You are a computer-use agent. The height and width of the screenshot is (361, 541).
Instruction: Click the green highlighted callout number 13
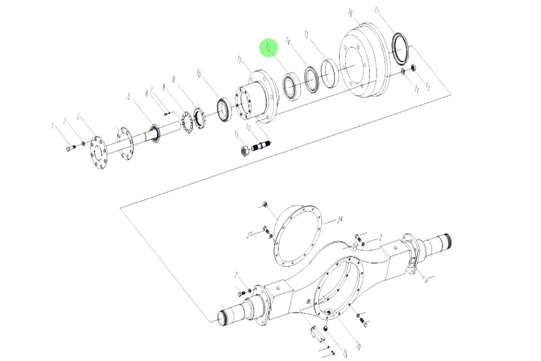coord(269,48)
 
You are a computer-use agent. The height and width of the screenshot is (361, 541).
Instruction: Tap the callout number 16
coord(350,12)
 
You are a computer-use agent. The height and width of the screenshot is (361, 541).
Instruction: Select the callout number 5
coord(129,97)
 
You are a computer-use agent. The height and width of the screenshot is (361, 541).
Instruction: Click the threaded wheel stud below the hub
coord(262,145)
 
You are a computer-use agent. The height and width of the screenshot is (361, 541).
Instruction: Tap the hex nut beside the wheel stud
coord(245,150)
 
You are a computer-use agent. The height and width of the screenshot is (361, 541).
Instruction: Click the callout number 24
coord(340,220)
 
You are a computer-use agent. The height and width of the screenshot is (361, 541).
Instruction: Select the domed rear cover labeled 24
coord(298,233)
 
